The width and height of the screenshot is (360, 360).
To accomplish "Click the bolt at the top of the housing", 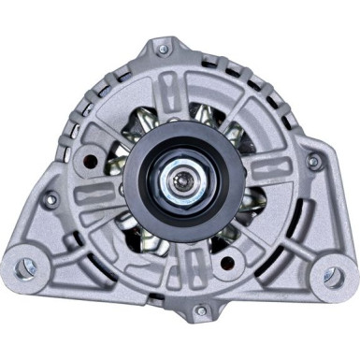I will tap(163, 48).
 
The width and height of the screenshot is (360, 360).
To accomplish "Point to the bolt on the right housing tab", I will tap(314, 161).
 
